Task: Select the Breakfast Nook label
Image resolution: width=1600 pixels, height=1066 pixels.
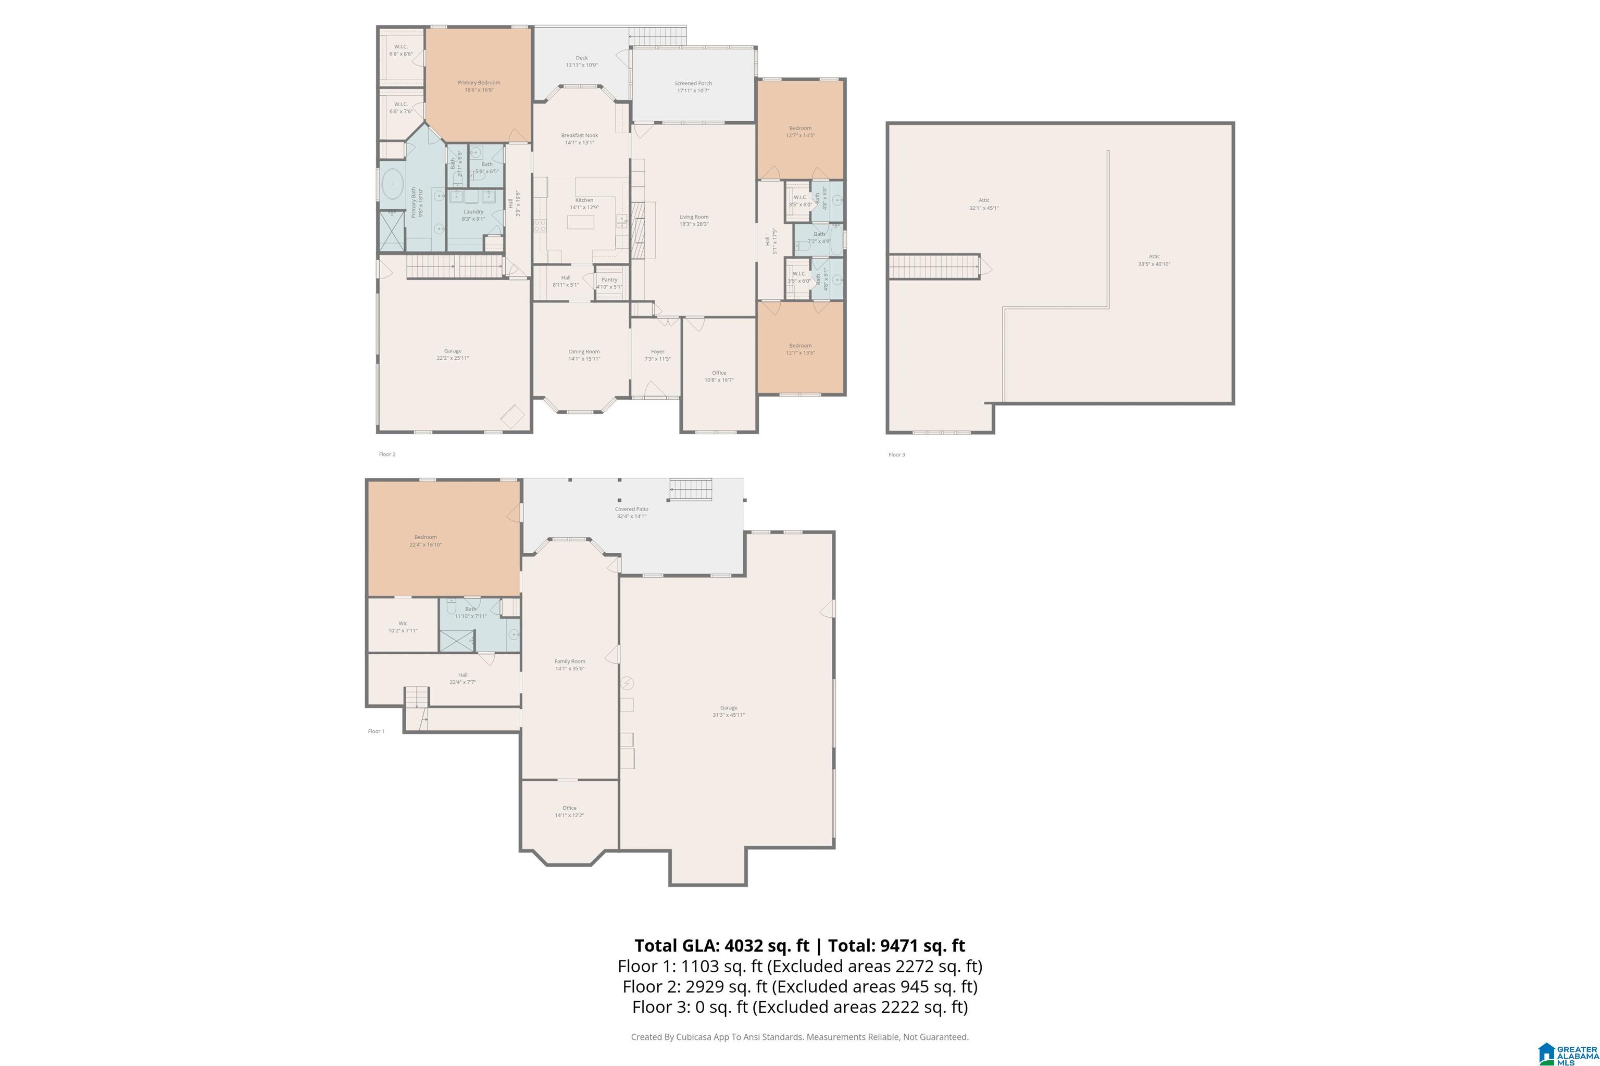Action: [579, 135]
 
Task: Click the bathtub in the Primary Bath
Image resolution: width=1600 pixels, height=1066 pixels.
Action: [393, 185]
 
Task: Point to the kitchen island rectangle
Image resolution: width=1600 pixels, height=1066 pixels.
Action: [580, 222]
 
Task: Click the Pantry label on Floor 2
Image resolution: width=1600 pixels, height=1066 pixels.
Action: [609, 280]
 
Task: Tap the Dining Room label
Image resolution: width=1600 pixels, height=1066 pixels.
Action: [584, 351]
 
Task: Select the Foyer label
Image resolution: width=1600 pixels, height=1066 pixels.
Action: [657, 351]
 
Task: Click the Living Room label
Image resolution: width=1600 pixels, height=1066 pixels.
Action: [693, 217]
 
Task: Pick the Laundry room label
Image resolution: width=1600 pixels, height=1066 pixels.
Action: [473, 211]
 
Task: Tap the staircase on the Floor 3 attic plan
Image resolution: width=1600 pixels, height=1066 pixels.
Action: [933, 266]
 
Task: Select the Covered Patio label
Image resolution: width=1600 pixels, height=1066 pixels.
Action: [631, 509]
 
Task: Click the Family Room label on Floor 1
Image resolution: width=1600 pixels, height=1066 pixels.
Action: [569, 661]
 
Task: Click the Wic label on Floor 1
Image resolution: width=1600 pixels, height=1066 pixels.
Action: [403, 623]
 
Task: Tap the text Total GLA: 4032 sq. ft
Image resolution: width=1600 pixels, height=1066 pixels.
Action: [722, 946]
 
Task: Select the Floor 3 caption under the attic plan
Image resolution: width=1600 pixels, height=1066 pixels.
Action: [896, 455]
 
